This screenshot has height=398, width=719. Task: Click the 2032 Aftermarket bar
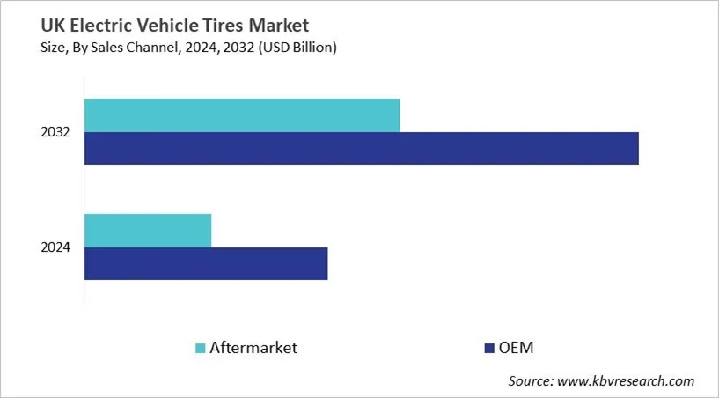click(242, 115)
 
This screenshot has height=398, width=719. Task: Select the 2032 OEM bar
click(361, 148)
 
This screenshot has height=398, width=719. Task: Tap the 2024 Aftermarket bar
click(148, 230)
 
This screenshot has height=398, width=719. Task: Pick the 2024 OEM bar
click(206, 263)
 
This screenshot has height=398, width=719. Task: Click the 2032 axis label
click(57, 132)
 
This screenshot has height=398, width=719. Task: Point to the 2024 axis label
click(57, 247)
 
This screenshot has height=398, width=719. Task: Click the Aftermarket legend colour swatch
click(200, 349)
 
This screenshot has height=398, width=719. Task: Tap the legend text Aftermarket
click(253, 348)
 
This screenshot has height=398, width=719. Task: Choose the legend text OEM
click(517, 348)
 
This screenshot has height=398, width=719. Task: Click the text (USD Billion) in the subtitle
click(297, 48)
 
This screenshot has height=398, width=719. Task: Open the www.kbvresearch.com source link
click(627, 381)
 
